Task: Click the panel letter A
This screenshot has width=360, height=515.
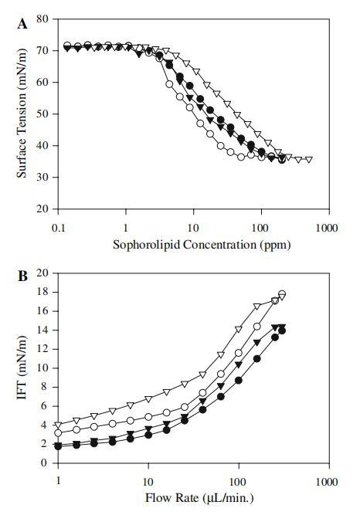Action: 22,24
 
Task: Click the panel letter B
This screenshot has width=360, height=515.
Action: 22,276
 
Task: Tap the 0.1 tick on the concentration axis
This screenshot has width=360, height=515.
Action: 58,228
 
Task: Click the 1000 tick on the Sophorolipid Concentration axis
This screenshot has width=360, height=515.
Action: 327,228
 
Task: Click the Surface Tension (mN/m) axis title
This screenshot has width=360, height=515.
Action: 22,114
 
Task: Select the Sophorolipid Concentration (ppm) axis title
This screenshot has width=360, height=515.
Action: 202,245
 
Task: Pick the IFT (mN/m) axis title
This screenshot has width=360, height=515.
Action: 22,368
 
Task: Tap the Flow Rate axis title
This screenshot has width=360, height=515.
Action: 199,498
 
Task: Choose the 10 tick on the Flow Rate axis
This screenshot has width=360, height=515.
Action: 148,482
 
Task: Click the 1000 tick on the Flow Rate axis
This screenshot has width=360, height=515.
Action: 327,482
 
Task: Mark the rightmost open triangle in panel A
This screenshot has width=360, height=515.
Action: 309,160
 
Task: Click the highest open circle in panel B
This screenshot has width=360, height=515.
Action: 282,294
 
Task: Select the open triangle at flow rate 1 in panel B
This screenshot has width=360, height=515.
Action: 58,425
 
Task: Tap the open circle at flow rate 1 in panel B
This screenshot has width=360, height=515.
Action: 58,433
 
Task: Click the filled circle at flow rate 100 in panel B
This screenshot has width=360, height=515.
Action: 239,381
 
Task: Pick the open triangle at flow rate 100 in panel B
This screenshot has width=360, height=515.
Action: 239,329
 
